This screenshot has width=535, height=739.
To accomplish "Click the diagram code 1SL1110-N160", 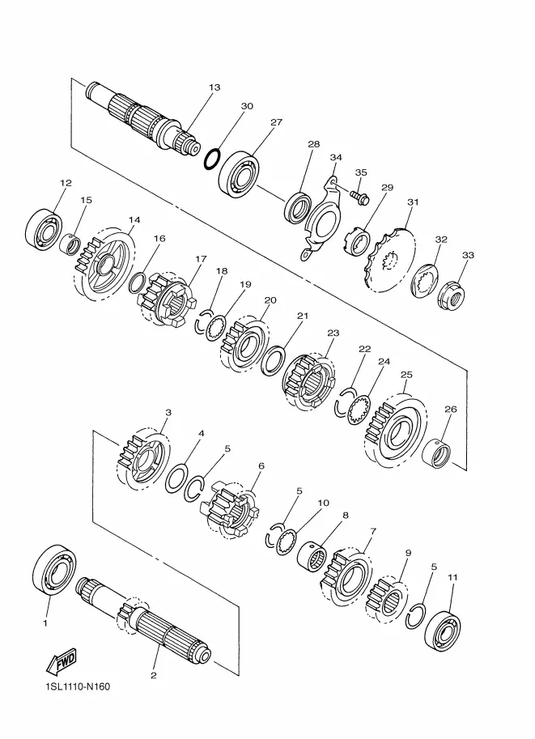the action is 78,699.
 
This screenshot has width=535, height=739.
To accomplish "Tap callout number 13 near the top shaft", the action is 214,87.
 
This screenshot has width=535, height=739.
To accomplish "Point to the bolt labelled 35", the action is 359,196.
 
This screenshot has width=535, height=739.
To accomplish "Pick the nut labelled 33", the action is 451,296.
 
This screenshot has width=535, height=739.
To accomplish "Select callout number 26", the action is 451,409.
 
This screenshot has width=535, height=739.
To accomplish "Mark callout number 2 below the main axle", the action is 153,675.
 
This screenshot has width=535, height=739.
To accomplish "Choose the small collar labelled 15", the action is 70,244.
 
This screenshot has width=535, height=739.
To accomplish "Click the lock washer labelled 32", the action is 425,282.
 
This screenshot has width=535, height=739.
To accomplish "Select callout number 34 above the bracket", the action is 336,157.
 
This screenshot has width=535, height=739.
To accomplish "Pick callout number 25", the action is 406,375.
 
